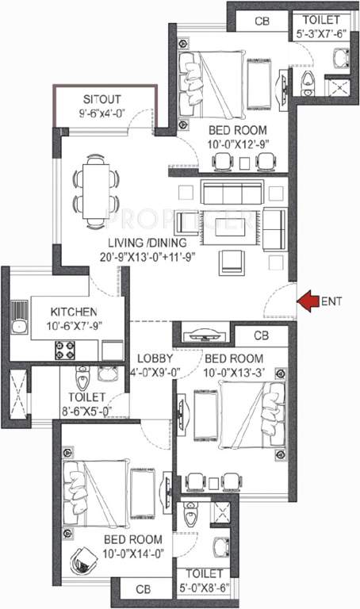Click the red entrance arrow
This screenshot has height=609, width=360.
tap(308, 300)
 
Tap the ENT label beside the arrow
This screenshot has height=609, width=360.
tap(333, 301)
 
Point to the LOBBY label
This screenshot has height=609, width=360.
tap(150, 357)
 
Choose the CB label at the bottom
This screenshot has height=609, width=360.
tap(143, 590)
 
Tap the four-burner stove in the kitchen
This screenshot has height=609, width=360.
tap(63, 347)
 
